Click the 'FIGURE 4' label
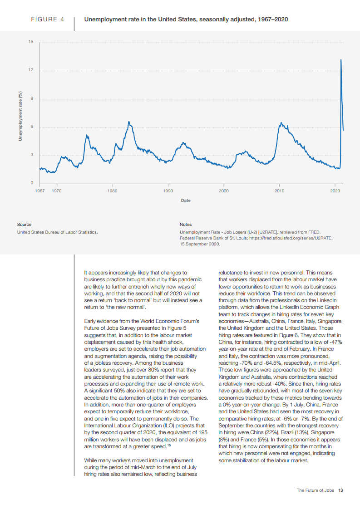(x=47, y=20)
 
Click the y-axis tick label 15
(x=30, y=42)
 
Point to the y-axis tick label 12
(x=30, y=70)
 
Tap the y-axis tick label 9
(x=31, y=99)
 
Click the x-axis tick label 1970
(x=57, y=191)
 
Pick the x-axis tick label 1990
(x=168, y=191)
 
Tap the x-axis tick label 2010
(x=279, y=191)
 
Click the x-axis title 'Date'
(x=186, y=200)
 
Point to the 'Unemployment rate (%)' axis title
(x=20, y=115)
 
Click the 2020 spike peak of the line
(x=341, y=59)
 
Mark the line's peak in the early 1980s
(x=129, y=122)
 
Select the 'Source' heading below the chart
(x=24, y=224)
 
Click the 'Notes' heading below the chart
(x=186, y=224)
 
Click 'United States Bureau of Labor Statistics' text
(x=57, y=232)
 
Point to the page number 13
(x=340, y=490)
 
